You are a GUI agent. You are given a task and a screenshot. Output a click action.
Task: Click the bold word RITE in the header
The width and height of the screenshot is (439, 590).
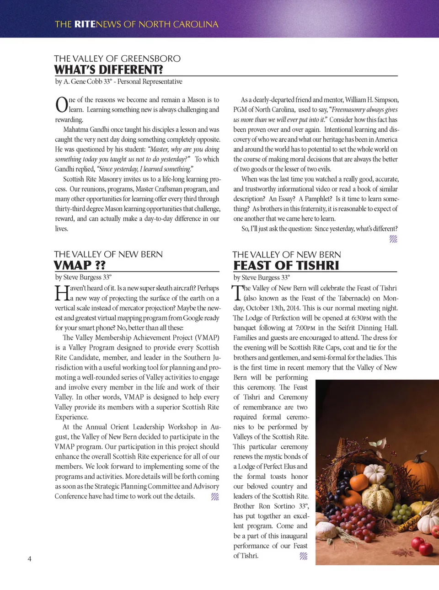coord(85,24)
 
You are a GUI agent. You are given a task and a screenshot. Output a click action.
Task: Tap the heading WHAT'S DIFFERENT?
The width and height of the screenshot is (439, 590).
coord(108,70)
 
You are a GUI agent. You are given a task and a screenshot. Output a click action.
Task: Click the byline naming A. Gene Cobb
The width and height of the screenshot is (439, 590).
coord(118,81)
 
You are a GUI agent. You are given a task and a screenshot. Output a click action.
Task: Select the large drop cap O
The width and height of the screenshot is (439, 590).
coord(62,105)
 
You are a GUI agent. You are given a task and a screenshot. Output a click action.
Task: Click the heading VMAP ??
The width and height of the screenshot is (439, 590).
coord(80,265)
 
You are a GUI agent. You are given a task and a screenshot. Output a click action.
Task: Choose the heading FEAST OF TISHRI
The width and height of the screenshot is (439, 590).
coord(286,266)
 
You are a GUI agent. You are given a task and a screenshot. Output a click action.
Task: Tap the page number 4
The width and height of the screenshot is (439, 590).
coord(30,558)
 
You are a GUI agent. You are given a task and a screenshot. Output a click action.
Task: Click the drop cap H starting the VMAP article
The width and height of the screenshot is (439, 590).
coord(62,293)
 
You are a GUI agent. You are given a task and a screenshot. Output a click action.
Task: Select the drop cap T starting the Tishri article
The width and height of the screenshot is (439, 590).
coord(237,293)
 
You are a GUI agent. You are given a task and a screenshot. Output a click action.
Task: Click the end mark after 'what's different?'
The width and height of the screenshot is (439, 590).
coord(393,239)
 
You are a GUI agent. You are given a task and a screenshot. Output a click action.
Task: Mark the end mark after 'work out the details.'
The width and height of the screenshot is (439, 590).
coord(215,496)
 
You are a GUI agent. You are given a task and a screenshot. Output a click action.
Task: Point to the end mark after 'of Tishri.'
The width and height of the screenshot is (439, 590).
coord(303,556)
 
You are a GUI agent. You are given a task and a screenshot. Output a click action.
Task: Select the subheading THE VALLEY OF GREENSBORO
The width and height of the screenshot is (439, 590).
coord(117,59)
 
